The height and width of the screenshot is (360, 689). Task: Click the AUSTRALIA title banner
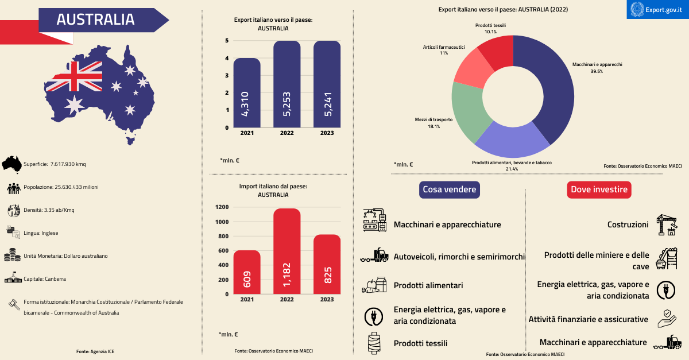point(96,20)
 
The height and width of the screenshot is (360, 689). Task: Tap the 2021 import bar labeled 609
point(246,272)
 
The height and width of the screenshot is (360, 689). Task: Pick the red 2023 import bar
point(327,264)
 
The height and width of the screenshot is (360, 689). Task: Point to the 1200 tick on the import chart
point(222,207)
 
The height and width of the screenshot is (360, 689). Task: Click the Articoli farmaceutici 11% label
point(443,50)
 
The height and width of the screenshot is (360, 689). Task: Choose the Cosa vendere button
point(450,189)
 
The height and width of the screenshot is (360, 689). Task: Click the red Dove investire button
point(599,189)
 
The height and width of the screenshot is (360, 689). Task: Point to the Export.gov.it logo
point(657,9)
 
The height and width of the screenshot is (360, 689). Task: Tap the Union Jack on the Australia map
point(73,77)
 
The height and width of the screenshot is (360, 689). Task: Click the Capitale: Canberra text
point(45,279)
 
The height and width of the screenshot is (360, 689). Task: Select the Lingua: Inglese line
point(41,233)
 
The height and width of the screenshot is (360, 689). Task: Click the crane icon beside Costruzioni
point(666,225)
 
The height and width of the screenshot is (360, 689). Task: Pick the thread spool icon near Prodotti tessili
point(375,343)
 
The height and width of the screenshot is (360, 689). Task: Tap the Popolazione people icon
point(14,187)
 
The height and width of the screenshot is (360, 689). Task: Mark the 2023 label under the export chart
point(327,133)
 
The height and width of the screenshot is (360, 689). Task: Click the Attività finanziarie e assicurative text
point(588,319)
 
